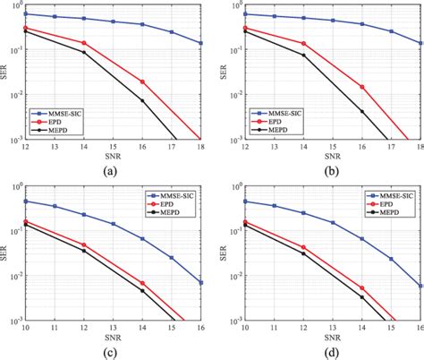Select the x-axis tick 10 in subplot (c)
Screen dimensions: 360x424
26,328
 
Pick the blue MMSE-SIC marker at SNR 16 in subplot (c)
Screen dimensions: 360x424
200,283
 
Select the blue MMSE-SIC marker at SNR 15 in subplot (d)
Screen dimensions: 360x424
390,259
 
